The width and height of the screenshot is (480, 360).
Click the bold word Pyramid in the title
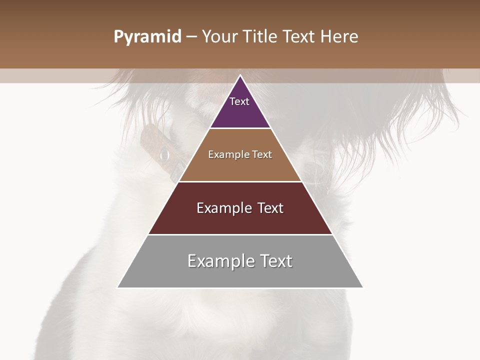click(147, 37)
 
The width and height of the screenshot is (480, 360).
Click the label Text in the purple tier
click(239, 101)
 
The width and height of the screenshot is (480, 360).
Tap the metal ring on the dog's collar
click(164, 156)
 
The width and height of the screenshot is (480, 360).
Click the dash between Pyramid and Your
click(191, 37)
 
